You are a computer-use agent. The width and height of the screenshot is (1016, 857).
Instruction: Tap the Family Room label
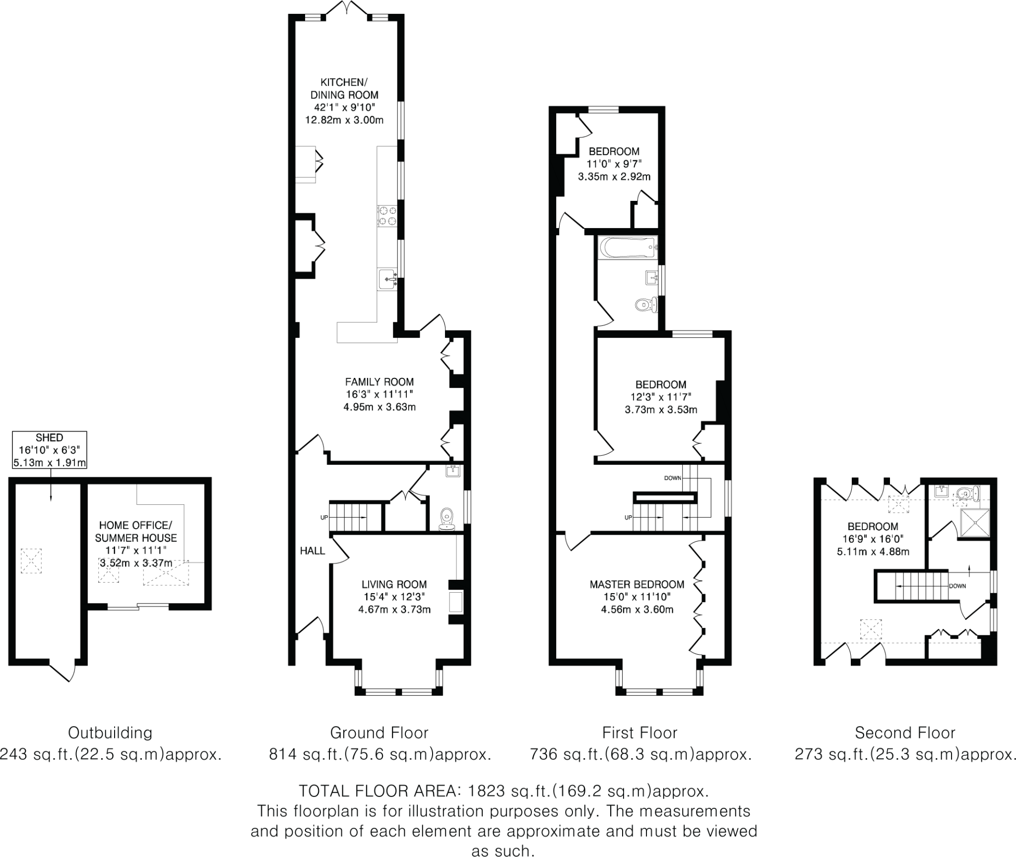(x=380, y=395)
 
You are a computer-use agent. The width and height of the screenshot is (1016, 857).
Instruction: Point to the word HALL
(x=313, y=551)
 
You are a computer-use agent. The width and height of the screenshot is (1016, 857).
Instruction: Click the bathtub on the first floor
(x=628, y=247)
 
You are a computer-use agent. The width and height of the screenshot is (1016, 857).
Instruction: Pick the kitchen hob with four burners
(x=387, y=216)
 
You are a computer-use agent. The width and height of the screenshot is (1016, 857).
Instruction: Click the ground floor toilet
(x=447, y=519)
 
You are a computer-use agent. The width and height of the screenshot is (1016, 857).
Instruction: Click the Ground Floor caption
(x=379, y=733)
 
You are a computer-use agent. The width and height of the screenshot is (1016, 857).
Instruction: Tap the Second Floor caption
(x=905, y=733)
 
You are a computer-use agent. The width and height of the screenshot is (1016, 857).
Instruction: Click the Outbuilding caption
(x=110, y=733)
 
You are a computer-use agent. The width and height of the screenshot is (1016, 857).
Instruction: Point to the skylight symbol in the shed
(x=31, y=561)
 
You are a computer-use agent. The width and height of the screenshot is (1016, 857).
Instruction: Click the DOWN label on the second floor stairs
(x=957, y=586)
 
